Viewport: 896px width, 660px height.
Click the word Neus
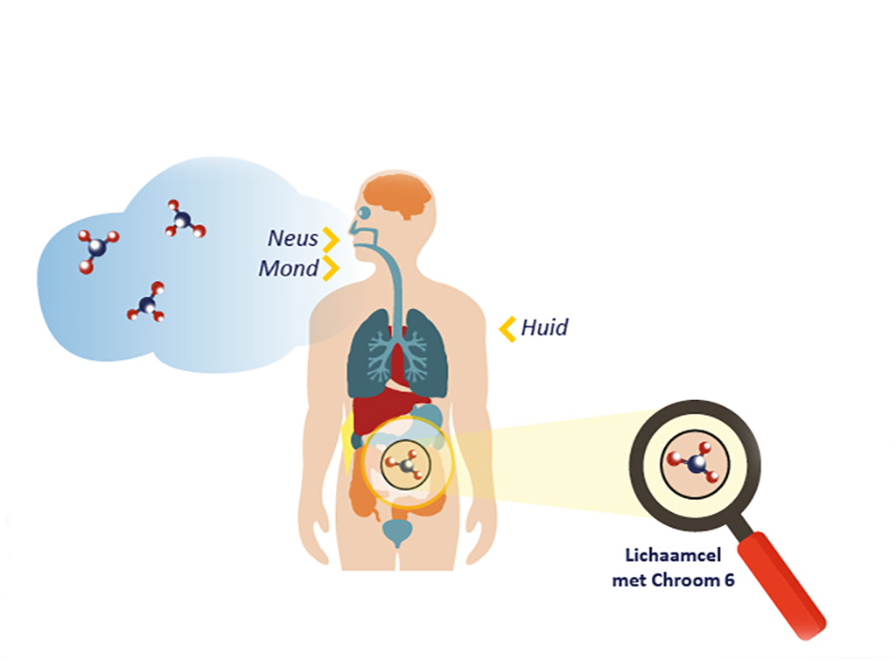click(292, 238)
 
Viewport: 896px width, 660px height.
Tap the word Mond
click(288, 269)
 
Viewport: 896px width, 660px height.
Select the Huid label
click(544, 328)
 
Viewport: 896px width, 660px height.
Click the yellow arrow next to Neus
click(331, 240)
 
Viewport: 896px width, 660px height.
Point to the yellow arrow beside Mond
click(331, 269)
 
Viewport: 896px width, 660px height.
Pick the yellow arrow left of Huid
click(507, 329)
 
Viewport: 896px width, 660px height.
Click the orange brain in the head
click(399, 196)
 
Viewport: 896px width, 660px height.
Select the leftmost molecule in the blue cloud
click(97, 250)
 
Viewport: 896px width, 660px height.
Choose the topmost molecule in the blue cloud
click(185, 220)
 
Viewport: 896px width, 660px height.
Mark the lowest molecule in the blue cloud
click(148, 302)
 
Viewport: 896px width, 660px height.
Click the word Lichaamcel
click(673, 555)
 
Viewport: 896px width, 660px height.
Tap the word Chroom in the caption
click(686, 580)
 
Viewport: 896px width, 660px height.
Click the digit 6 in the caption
click(729, 580)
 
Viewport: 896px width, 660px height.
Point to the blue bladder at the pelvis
click(398, 532)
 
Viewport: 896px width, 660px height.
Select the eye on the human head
click(364, 213)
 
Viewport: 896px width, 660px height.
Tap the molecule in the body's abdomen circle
click(406, 464)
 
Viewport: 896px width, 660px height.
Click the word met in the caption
click(630, 581)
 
